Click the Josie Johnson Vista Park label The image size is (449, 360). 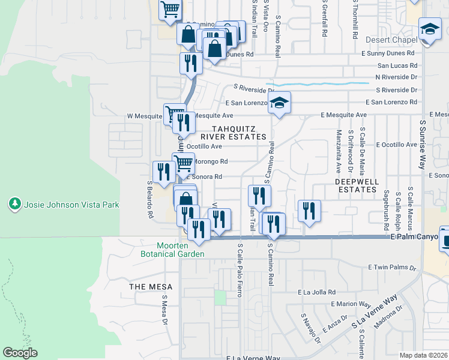tap(71, 205)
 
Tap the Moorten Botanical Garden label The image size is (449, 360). tap(180, 250)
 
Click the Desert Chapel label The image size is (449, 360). tap(391, 40)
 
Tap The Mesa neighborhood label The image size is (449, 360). tap(146, 287)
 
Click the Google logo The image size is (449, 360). tap(20, 353)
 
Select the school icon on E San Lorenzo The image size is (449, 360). tap(280, 103)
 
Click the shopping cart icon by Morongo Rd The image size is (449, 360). tap(184, 161)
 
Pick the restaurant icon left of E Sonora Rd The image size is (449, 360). tap(164, 172)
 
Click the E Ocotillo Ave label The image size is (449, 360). tap(396, 145)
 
